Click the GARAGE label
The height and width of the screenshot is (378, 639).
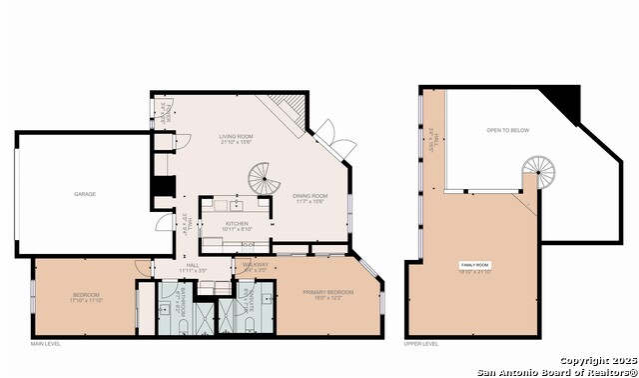point(85,193)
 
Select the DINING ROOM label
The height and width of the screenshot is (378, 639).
point(311,196)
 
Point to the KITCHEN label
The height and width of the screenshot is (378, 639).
point(236,223)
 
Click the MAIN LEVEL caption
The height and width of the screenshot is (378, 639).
point(45,344)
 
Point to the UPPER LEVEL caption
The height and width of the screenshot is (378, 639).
point(420,344)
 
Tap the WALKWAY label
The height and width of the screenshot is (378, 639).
point(256,265)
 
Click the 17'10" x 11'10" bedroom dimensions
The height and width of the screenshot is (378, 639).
point(86,301)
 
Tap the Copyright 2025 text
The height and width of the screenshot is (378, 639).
point(596,360)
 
